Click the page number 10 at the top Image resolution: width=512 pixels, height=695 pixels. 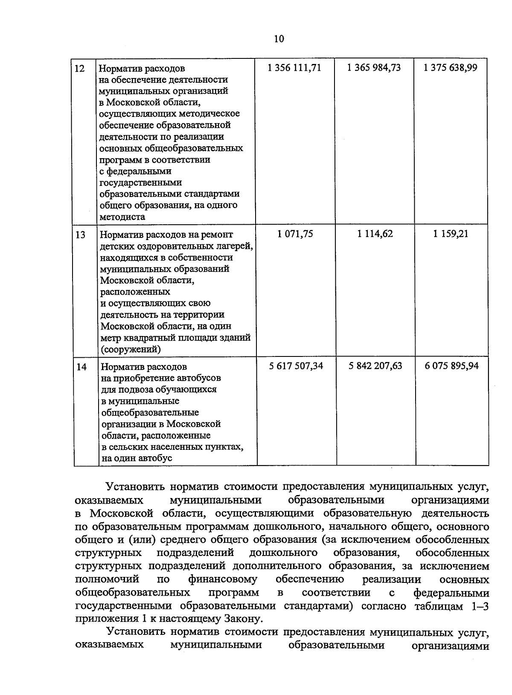tap(279, 39)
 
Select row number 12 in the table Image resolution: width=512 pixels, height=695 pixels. tap(80, 68)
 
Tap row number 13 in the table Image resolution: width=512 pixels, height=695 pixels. tap(80, 235)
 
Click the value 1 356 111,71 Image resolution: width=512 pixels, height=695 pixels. tap(294, 67)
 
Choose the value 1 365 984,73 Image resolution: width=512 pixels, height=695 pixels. tap(374, 67)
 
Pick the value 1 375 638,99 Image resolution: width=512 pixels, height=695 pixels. tap(451, 67)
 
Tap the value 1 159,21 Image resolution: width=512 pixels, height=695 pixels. tap(451, 234)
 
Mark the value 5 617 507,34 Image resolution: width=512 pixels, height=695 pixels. tap(296, 366)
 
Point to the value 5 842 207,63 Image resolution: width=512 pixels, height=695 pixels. tap(375, 366)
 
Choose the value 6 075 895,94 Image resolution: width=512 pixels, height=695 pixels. tap(452, 366)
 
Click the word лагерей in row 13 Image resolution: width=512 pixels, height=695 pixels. tap(234, 246)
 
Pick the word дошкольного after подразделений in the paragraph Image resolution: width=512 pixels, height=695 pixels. tap(283, 553)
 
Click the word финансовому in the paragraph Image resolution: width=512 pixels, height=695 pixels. tap(223, 579)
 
